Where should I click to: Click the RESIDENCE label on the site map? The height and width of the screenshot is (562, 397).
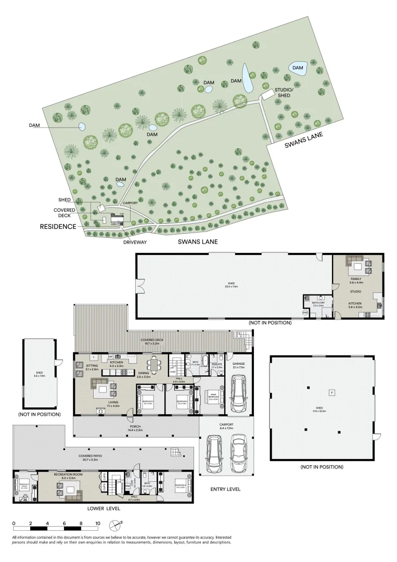click(58, 227)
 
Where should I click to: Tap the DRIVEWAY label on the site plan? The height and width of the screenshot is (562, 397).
click(135, 242)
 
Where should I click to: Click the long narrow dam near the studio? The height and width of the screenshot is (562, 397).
click(248, 78)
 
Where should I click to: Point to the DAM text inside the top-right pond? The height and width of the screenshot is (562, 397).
click(298, 68)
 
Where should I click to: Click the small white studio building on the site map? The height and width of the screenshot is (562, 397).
click(267, 94)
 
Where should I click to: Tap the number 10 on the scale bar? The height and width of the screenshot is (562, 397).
click(97, 523)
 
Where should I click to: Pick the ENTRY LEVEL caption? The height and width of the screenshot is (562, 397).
click(225, 490)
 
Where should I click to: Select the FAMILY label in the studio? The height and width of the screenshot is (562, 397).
click(356, 279)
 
